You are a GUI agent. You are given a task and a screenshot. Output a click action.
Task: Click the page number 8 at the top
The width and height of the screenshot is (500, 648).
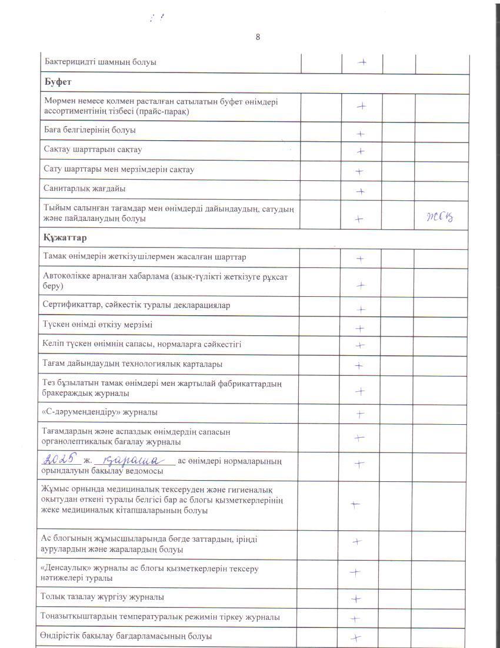(258, 37)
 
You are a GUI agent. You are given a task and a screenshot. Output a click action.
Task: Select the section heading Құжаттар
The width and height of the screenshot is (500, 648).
(65, 238)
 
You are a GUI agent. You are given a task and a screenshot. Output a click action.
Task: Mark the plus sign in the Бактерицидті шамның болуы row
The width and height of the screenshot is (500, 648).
(362, 62)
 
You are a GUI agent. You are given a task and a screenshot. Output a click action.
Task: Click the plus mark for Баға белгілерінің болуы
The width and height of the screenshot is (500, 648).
(361, 134)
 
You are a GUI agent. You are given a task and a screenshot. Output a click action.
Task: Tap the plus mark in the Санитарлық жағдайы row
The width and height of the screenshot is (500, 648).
(361, 191)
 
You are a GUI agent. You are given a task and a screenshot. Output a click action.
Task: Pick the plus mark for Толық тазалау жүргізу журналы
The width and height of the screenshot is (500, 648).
(355, 599)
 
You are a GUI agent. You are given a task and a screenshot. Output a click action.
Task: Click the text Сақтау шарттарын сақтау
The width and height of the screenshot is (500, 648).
(93, 150)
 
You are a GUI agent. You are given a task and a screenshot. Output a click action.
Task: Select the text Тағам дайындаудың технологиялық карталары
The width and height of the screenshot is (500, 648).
(132, 364)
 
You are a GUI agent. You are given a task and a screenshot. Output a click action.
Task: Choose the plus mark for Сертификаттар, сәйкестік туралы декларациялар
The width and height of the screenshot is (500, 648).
(361, 309)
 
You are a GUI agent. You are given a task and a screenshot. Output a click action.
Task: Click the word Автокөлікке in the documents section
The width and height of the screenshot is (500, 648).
(66, 276)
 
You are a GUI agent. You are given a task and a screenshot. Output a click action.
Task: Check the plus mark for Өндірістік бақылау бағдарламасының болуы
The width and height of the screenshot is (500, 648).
(355, 637)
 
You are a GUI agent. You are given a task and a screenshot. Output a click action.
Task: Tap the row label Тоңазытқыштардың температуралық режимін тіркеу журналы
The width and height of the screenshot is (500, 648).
(159, 617)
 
